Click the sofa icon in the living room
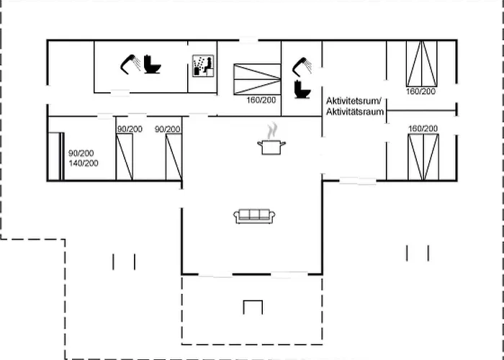[254, 216]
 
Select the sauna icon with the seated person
[203, 66]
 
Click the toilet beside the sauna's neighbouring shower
[152, 64]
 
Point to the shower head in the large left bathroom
[130, 64]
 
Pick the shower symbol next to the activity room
[302, 67]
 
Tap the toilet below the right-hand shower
[302, 89]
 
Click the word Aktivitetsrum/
[354, 101]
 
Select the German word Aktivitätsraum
[355, 112]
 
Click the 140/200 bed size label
[84, 163]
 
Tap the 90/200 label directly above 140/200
[81, 153]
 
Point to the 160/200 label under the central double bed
[261, 100]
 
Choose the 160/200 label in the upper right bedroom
[420, 91]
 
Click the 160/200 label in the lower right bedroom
[423, 129]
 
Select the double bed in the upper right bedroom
[422, 63]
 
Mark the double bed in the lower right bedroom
[423, 157]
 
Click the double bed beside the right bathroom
[257, 79]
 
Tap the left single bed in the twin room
[125, 157]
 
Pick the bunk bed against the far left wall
[56, 156]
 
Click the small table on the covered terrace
[253, 307]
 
